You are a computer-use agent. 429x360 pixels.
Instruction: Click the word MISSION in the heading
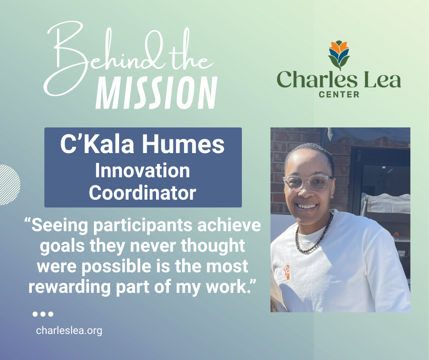(156, 92)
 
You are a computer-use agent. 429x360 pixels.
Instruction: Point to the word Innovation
(142, 171)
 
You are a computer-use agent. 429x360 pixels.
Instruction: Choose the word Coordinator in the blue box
(142, 192)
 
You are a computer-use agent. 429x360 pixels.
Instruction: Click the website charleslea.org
(69, 330)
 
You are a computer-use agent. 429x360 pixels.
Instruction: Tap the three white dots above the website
(43, 314)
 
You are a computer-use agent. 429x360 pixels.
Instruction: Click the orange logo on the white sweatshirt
(286, 272)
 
